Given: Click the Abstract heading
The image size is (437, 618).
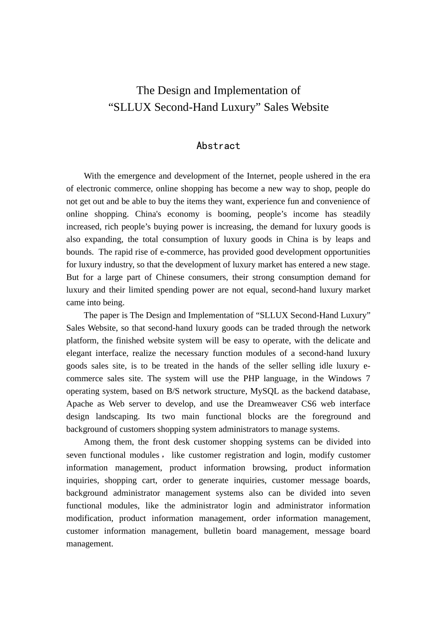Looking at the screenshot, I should click(x=218, y=146).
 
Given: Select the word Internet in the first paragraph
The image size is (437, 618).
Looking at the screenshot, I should click(x=261, y=176).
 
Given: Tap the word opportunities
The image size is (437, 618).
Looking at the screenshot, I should click(x=347, y=252).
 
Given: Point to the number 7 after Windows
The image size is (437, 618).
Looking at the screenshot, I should click(x=368, y=378).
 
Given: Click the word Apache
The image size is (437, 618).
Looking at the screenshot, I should click(x=80, y=404).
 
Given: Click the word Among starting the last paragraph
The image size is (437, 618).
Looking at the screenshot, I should click(x=97, y=442).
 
